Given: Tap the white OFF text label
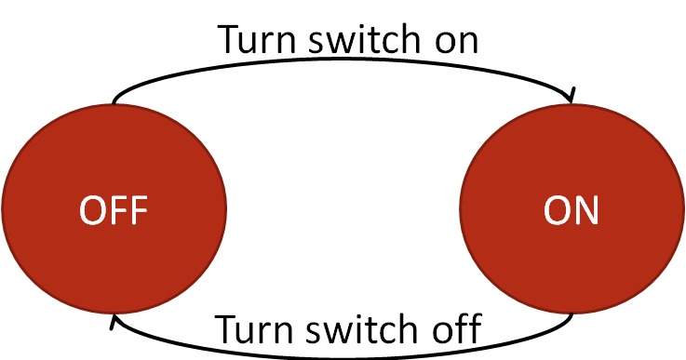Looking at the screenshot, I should pyautogui.click(x=114, y=211).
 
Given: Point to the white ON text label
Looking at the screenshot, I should pyautogui.click(x=572, y=211).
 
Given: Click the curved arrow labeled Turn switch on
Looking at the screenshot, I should pyautogui.click(x=344, y=61).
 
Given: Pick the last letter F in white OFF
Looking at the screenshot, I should pyautogui.click(x=138, y=211).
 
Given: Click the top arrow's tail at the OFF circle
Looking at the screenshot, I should pyautogui.click(x=114, y=100).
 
